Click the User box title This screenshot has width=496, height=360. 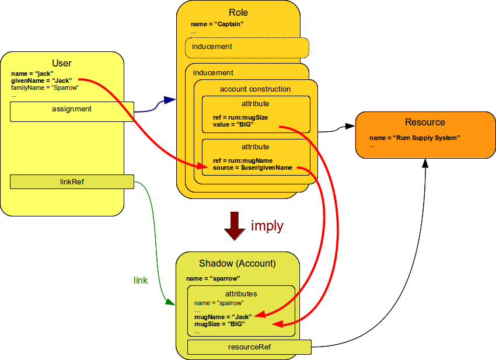click(62, 63)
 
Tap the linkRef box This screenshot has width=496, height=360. click(72, 182)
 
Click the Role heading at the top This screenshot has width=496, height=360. click(239, 13)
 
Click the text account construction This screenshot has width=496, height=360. click(255, 89)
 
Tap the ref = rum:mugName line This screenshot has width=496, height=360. click(242, 161)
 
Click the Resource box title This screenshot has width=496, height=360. click(425, 123)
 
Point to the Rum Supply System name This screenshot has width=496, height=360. click(415, 138)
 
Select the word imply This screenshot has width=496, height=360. click(267, 226)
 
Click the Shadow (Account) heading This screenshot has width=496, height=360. click(237, 263)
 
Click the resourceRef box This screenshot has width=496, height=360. click(249, 348)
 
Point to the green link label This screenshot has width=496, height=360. click(141, 281)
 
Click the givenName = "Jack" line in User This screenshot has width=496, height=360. click(41, 81)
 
